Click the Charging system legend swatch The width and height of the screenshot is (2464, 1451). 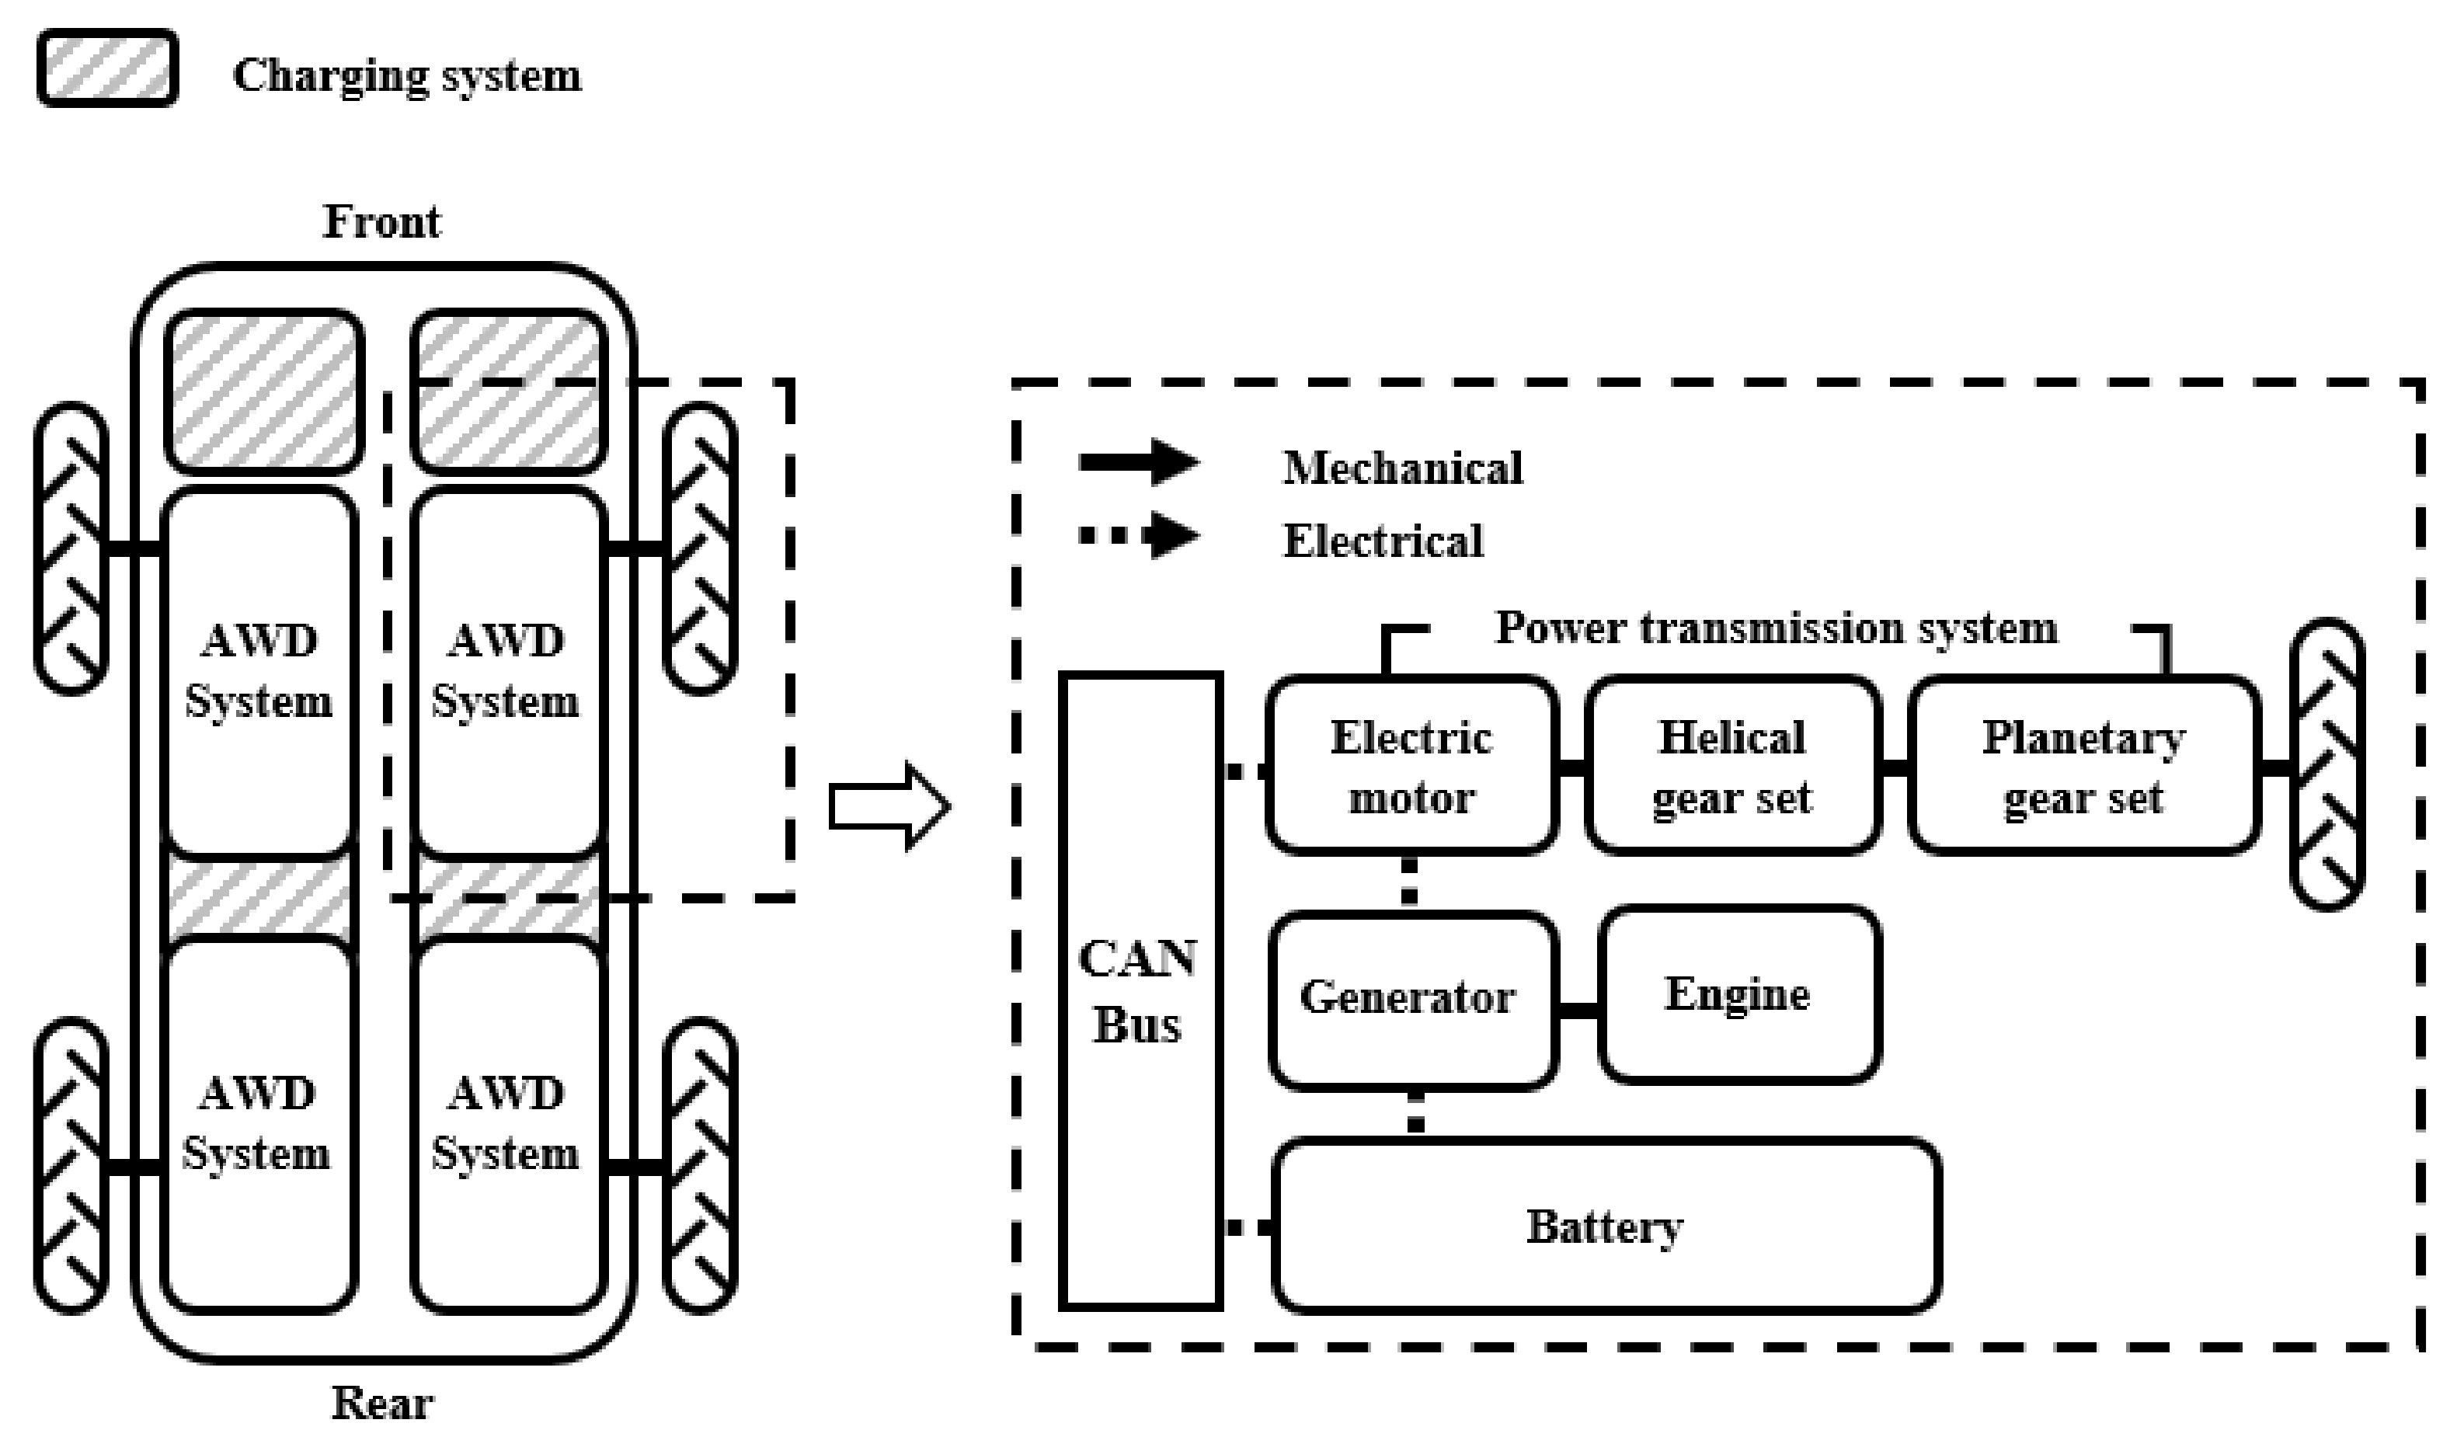pyautogui.click(x=107, y=68)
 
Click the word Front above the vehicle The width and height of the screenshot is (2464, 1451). pyautogui.click(x=381, y=222)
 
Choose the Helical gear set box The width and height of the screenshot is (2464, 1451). pyautogui.click(x=1731, y=767)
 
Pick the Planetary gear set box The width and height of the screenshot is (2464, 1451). pyautogui.click(x=2083, y=767)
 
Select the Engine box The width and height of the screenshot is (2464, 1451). pyautogui.click(x=1738, y=995)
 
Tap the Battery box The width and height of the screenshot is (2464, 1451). pyautogui.click(x=1606, y=1226)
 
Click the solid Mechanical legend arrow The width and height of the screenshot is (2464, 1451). pyautogui.click(x=1139, y=461)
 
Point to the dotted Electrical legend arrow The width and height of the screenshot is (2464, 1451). pyautogui.click(x=1139, y=535)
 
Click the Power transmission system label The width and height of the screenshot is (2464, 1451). pyautogui.click(x=1776, y=628)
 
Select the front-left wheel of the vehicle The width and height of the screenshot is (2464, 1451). pyautogui.click(x=71, y=548)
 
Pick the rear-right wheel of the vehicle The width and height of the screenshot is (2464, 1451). pyautogui.click(x=699, y=1165)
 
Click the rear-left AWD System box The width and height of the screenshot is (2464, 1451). pyautogui.click(x=258, y=1125)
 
